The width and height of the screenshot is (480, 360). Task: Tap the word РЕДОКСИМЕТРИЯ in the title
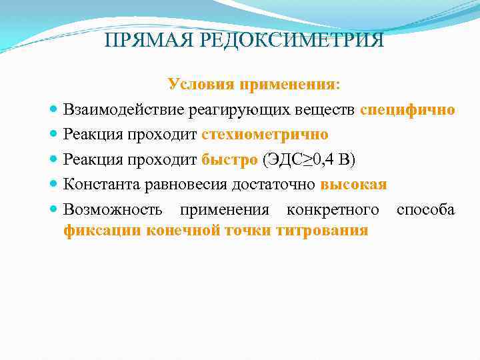coord(289,41)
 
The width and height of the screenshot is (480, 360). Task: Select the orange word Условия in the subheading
coord(199,85)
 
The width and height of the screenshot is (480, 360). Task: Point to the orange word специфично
coord(407,109)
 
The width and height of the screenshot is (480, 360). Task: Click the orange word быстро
coord(229,159)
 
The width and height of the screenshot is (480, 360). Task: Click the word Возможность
coord(113,210)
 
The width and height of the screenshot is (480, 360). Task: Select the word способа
coord(425,210)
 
